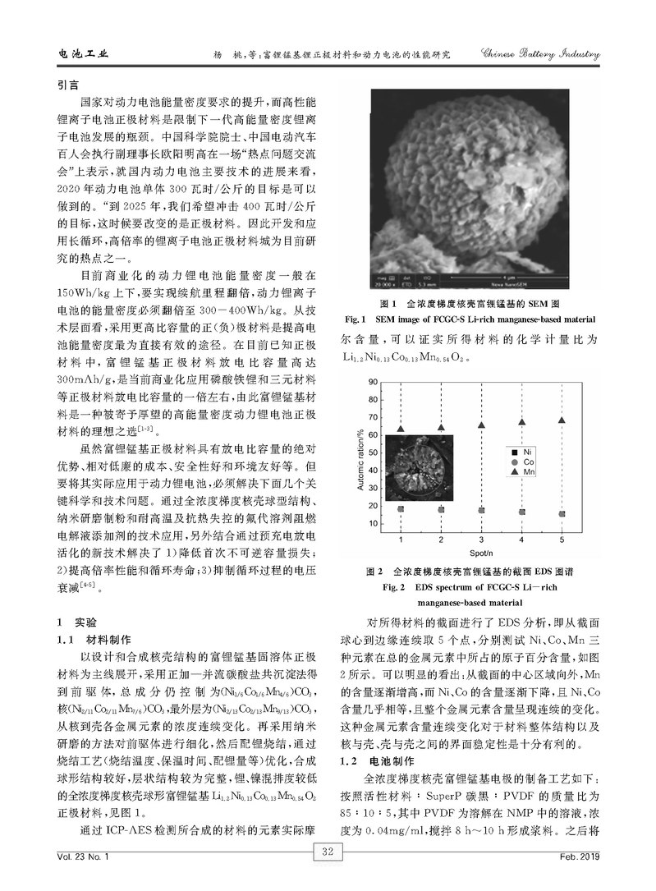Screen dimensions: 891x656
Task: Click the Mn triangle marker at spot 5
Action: [562, 420]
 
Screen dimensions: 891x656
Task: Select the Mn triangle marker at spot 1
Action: [401, 429]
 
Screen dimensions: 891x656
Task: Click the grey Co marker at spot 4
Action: [521, 512]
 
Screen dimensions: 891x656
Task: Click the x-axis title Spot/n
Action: [481, 552]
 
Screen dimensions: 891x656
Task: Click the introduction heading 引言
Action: [67, 85]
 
